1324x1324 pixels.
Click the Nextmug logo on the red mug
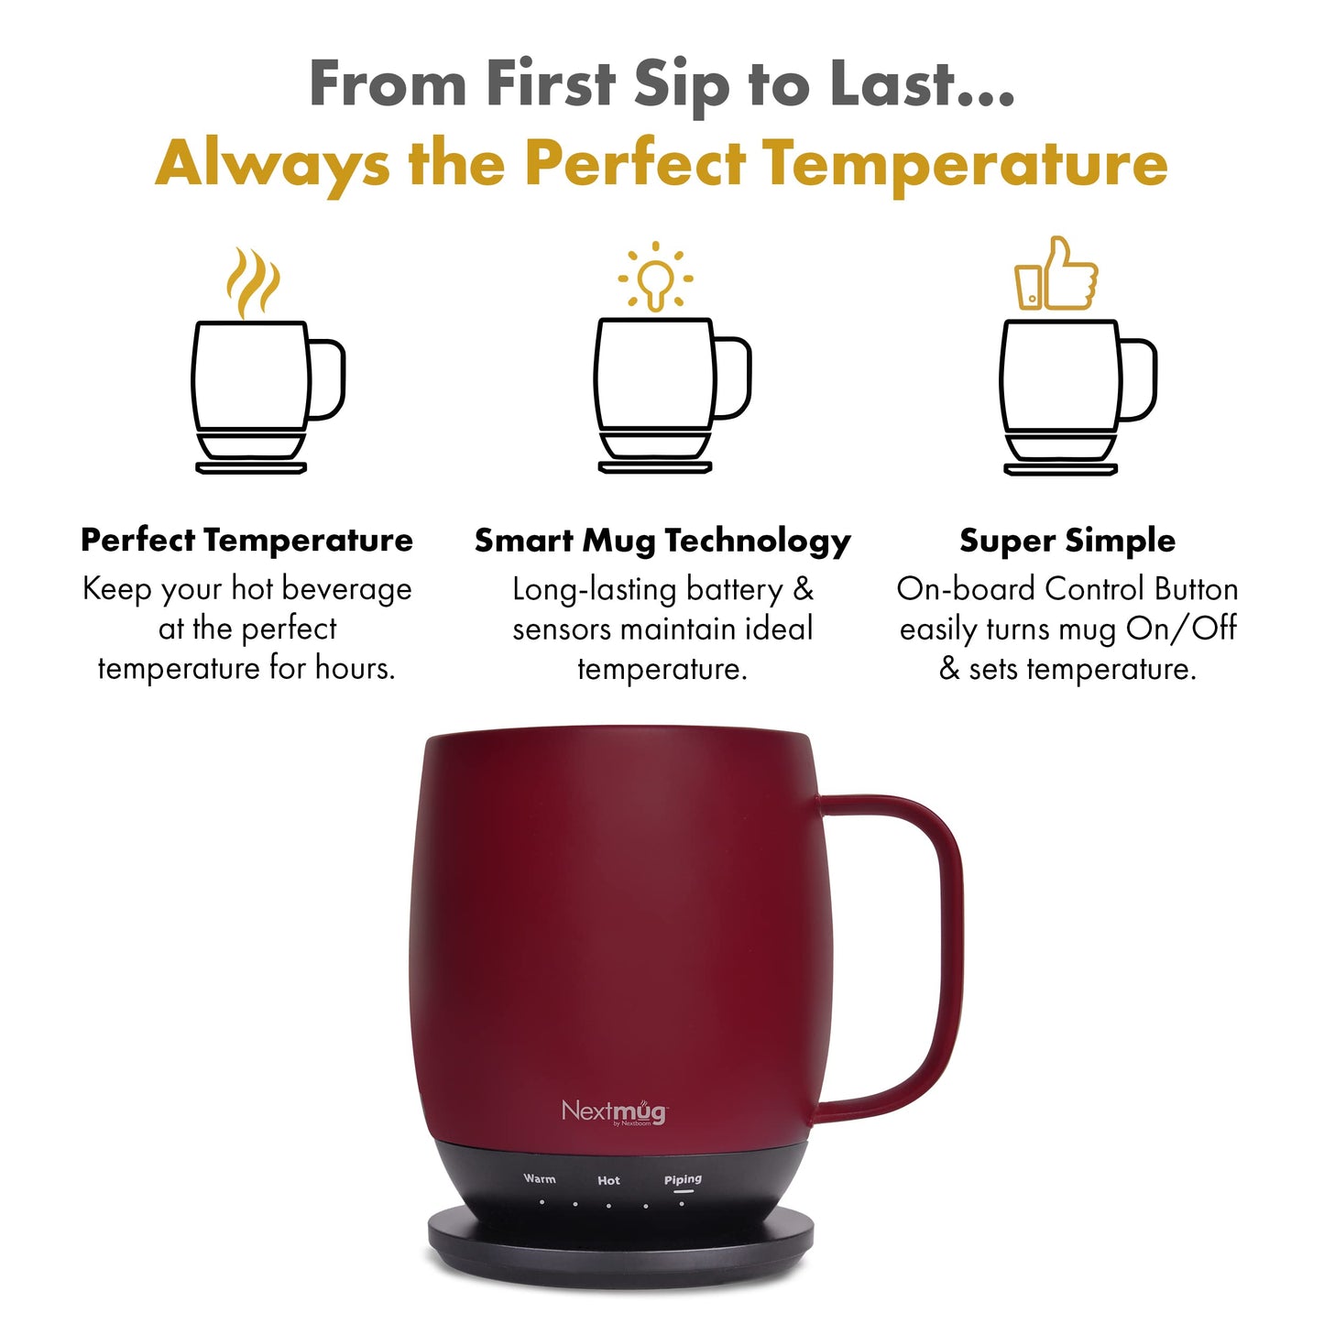613,1111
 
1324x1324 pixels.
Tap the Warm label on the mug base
540,1178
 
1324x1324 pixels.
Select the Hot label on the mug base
608,1180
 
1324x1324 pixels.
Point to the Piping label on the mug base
683,1179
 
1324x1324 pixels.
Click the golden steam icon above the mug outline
253,281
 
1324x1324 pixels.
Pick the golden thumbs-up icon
1056,274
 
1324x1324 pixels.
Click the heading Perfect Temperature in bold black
246,540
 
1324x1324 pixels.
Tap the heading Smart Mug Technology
662,541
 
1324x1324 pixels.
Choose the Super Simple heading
1067,541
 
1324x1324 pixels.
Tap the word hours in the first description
355,668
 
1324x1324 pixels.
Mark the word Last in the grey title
894,84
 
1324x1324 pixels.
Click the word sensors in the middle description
563,629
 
